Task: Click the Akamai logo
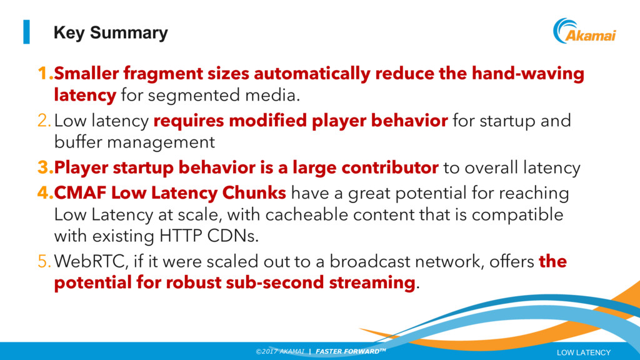584,31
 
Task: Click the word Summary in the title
129,33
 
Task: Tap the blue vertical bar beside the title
26,32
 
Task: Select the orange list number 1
45,74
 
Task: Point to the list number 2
44,121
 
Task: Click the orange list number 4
45,192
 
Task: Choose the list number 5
44,262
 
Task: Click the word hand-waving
527,74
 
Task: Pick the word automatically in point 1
312,74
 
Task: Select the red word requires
189,121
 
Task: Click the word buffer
77,142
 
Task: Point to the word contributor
390,167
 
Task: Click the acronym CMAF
80,193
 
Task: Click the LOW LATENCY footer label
584,352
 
